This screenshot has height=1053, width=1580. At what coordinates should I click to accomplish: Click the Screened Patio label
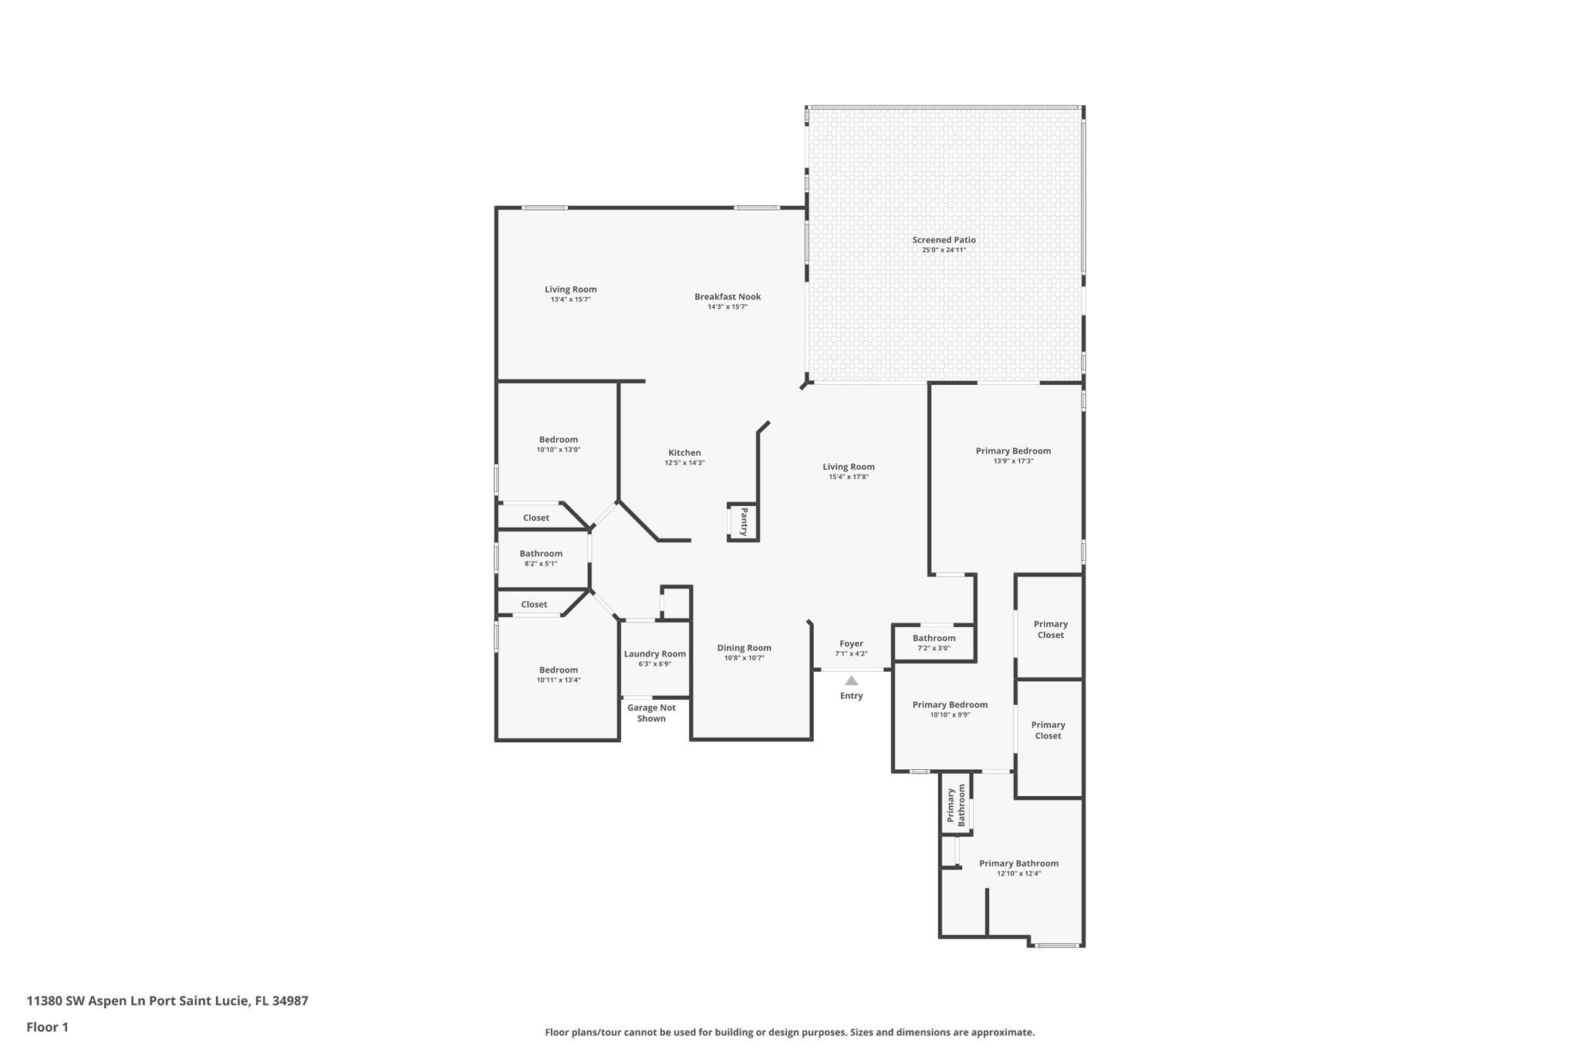point(944,240)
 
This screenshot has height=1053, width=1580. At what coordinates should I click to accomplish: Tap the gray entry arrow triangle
point(851,681)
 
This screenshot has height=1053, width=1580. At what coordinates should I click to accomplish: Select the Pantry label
point(744,521)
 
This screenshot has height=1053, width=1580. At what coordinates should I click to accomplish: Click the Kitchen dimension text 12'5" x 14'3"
point(684,463)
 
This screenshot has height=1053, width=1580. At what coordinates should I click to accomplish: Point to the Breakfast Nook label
point(728,297)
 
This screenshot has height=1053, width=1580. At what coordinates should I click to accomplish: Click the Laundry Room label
point(654,654)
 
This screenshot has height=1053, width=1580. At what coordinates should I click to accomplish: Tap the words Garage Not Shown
point(651,713)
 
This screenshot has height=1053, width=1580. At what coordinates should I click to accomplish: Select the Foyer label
point(851,643)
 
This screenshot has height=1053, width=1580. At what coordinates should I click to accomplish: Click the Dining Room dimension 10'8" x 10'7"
point(744,658)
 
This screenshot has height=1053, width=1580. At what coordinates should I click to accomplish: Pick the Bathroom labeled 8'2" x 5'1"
point(541,554)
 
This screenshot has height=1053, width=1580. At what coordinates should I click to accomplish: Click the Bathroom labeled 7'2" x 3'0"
point(933,638)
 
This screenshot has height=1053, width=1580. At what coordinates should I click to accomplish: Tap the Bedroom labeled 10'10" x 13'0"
point(558,440)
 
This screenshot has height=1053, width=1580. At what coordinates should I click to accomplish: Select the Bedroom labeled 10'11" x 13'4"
point(558,670)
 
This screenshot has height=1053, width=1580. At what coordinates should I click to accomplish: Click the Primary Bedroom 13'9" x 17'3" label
point(1013,451)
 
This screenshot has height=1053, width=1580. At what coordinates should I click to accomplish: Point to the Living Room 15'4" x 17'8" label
point(848,467)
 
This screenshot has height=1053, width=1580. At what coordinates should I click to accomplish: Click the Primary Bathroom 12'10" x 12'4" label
point(1018,864)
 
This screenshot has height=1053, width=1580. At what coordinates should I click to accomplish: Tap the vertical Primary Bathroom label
point(956,805)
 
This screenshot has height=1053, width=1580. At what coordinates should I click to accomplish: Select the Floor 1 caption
point(47,1028)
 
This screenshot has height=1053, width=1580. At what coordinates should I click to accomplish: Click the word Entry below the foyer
point(851,696)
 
